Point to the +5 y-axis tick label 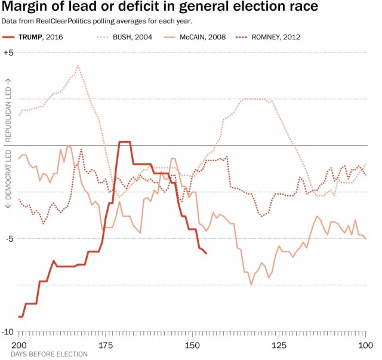pos(8,52)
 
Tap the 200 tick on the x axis pos(19,345)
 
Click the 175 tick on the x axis pos(106,345)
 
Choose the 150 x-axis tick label pos(192,345)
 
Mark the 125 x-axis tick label pos(279,345)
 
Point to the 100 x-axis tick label pos(365,345)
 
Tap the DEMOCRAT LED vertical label pos(8,179)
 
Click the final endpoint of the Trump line pos(206,254)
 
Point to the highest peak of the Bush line pos(78,65)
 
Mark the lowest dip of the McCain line pos(251,285)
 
